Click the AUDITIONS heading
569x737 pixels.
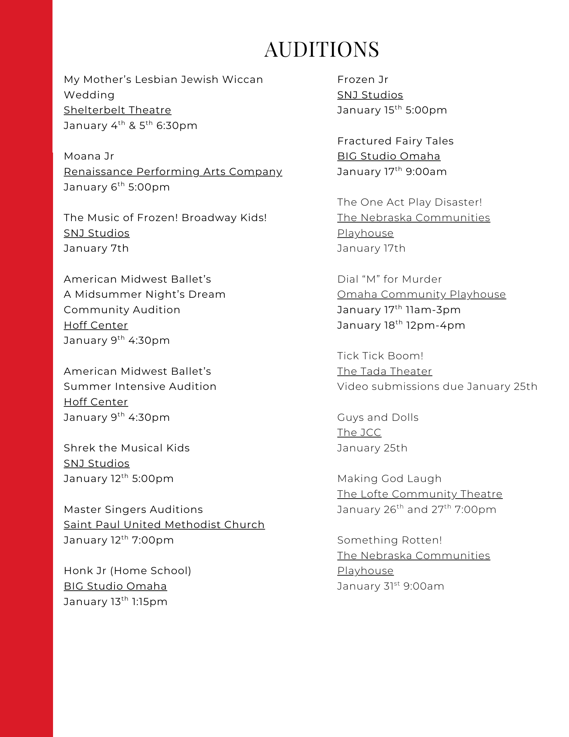pyautogui.click(x=322, y=49)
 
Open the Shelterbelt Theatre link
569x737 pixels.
pyautogui.click(x=117, y=110)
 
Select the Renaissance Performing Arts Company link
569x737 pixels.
pyautogui.click(x=173, y=172)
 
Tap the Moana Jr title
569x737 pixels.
pyautogui.click(x=89, y=156)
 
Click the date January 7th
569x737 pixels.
pyautogui.click(x=96, y=248)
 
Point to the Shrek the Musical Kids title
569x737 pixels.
pyautogui.click(x=127, y=448)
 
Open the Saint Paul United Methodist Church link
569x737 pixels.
pyautogui.click(x=164, y=525)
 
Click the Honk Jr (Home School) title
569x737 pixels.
pyautogui.click(x=127, y=571)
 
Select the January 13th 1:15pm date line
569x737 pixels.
pyautogui.click(x=116, y=602)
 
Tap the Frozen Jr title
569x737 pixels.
pyautogui.click(x=363, y=80)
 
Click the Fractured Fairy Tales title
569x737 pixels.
pyautogui.click(x=396, y=141)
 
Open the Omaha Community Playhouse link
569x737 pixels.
pyautogui.click(x=421, y=294)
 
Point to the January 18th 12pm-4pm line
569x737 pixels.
pyautogui.click(x=401, y=325)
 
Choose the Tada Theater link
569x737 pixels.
pyautogui.click(x=384, y=371)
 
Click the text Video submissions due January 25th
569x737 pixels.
pyautogui.click(x=437, y=387)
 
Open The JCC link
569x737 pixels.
pyautogui.click(x=359, y=433)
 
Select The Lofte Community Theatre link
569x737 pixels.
pyautogui.click(x=420, y=494)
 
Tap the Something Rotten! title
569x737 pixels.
pyautogui.click(x=389, y=540)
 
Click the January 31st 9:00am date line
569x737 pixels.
pyautogui.click(x=391, y=586)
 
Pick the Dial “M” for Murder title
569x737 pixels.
pyautogui.click(x=389, y=279)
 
